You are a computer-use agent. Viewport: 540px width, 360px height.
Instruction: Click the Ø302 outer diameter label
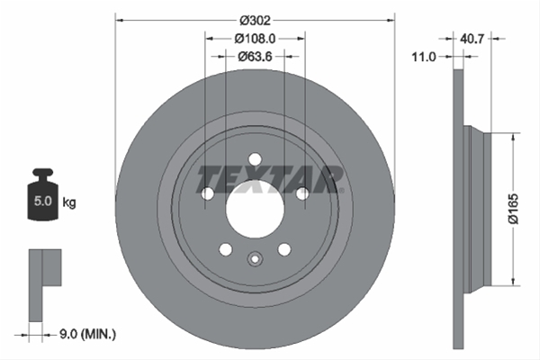(256, 21)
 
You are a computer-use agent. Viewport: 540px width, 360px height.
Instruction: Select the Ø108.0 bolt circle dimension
(256, 39)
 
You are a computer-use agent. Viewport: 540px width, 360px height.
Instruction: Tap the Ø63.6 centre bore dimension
(256, 56)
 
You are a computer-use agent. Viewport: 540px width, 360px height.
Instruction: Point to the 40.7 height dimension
(472, 39)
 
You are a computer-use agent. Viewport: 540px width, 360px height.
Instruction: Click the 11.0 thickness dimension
(424, 57)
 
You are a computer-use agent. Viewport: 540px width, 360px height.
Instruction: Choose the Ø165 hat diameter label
(513, 209)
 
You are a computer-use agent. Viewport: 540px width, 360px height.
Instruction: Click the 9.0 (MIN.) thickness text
(88, 334)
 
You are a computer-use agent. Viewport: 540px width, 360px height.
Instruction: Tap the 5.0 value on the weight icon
(42, 202)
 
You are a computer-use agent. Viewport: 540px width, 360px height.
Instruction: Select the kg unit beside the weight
(69, 202)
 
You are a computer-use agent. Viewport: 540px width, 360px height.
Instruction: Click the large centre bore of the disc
(255, 209)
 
